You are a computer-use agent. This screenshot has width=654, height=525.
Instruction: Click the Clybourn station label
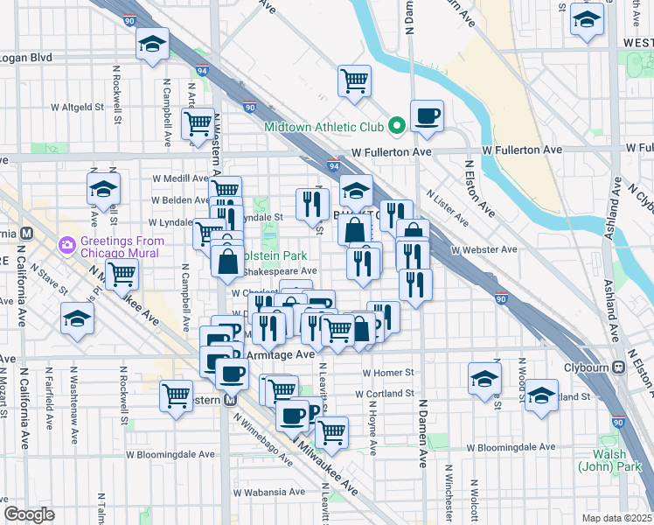[586, 367]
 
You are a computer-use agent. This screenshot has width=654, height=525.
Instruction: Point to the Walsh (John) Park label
[602, 460]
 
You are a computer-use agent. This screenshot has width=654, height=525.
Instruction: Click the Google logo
[29, 514]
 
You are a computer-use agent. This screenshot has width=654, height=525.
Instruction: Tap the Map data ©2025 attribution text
[617, 518]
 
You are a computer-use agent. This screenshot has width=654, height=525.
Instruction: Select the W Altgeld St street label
[77, 107]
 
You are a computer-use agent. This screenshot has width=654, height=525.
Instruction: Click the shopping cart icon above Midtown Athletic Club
[355, 80]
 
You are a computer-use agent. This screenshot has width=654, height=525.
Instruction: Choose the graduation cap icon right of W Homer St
[484, 379]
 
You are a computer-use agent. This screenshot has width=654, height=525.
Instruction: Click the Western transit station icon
[231, 400]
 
